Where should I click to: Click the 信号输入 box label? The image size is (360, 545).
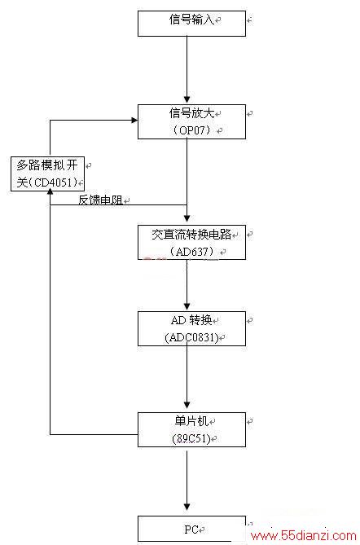pyautogui.click(x=191, y=20)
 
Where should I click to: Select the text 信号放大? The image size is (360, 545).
pyautogui.click(x=191, y=113)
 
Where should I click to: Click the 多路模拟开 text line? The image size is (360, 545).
pyautogui.click(x=47, y=165)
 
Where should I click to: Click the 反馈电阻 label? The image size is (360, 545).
pyautogui.click(x=100, y=200)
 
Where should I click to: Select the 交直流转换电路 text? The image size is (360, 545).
pyautogui.click(x=191, y=235)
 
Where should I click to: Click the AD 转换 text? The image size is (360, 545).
pyautogui.click(x=191, y=320)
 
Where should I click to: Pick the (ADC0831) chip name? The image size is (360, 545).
pyautogui.click(x=191, y=337)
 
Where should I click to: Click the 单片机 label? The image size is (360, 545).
pyautogui.click(x=191, y=421)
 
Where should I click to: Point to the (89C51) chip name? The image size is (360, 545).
pyautogui.click(x=191, y=438)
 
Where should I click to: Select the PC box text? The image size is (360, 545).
pyautogui.click(x=191, y=530)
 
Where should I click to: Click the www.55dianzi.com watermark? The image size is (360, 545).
pyautogui.click(x=303, y=535)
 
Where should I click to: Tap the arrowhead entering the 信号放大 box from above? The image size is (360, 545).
pyautogui.click(x=187, y=100)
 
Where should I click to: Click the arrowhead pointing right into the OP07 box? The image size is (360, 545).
pyautogui.click(x=134, y=121)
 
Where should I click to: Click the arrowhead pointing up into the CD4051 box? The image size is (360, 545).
pyautogui.click(x=50, y=191)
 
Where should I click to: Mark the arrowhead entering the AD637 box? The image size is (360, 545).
pyautogui.click(x=187, y=218)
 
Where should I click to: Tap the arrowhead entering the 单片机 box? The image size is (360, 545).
pyautogui.click(x=187, y=405)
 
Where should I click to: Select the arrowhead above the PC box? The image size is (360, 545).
pyautogui.click(x=187, y=507)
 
